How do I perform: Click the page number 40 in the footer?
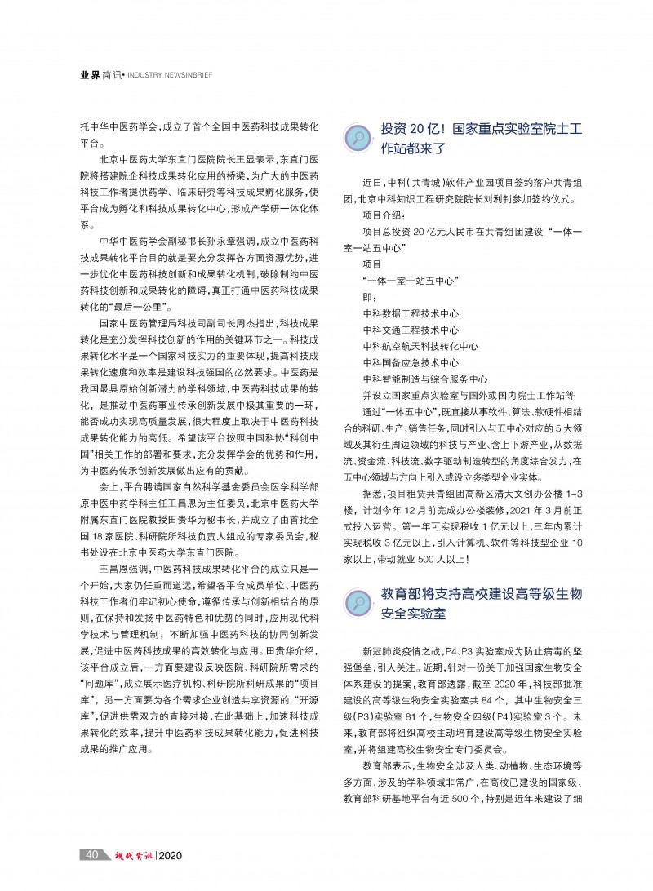[x=91, y=855]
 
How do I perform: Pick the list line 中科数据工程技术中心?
[x=411, y=313]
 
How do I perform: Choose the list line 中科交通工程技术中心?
[x=411, y=330]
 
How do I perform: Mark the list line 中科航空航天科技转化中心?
[x=420, y=347]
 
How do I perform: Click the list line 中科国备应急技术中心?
[x=411, y=363]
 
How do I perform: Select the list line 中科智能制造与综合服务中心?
[x=425, y=379]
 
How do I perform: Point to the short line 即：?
[x=370, y=297]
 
